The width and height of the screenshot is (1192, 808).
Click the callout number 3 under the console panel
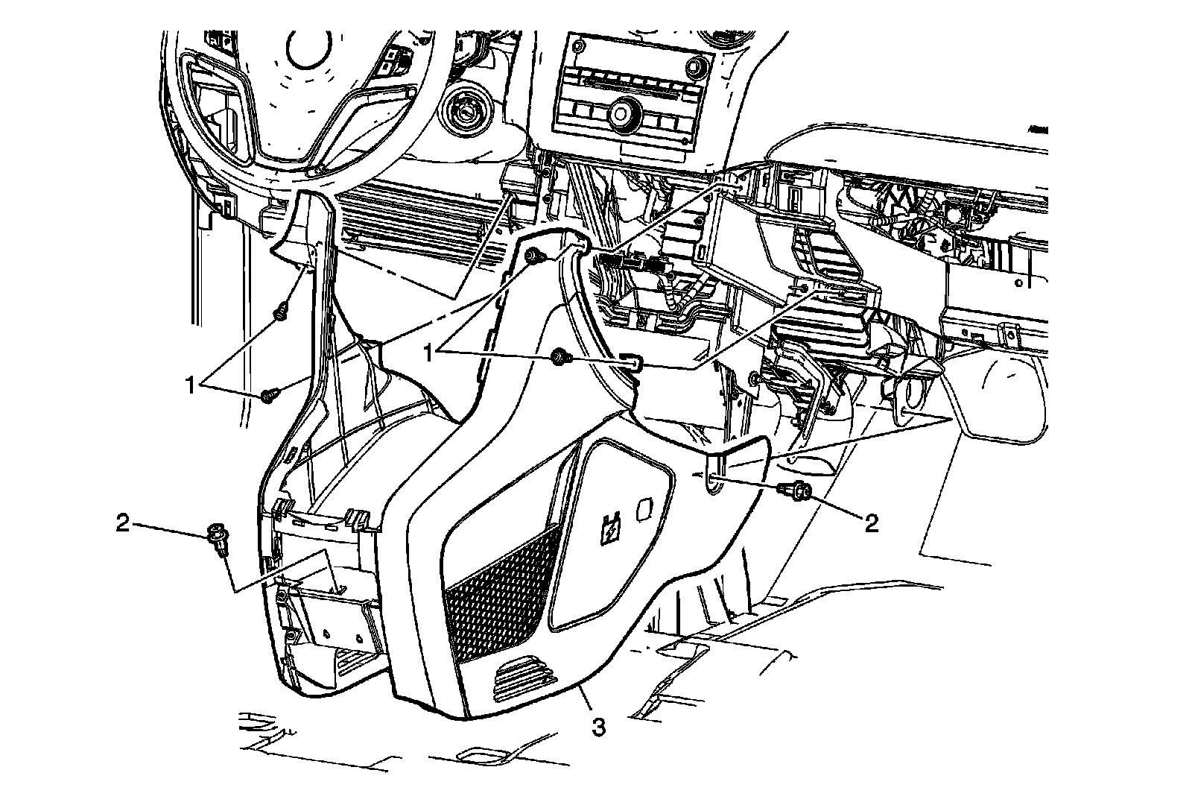tap(598, 726)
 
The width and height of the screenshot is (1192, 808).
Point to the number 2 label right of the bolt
tap(871, 523)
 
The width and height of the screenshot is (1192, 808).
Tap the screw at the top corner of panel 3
tap(533, 257)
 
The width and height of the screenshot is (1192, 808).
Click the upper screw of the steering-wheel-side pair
tap(282, 314)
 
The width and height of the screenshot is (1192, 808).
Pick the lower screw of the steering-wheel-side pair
tap(269, 396)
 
